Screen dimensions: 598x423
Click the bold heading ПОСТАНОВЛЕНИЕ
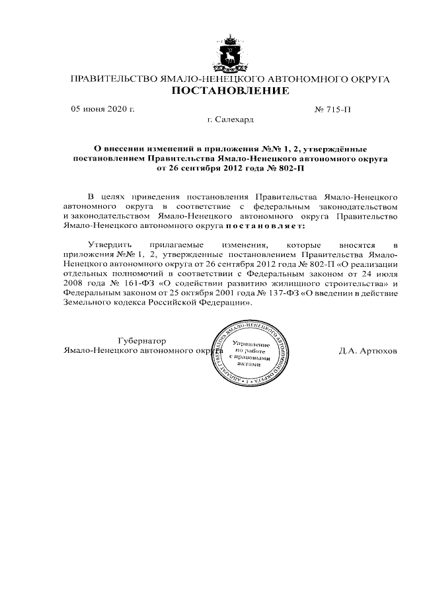(x=230, y=91)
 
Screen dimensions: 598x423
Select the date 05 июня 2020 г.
(x=103, y=109)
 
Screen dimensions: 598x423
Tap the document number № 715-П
(x=334, y=109)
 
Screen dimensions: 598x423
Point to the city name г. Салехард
(x=229, y=120)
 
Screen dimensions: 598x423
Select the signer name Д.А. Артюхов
(x=367, y=351)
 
